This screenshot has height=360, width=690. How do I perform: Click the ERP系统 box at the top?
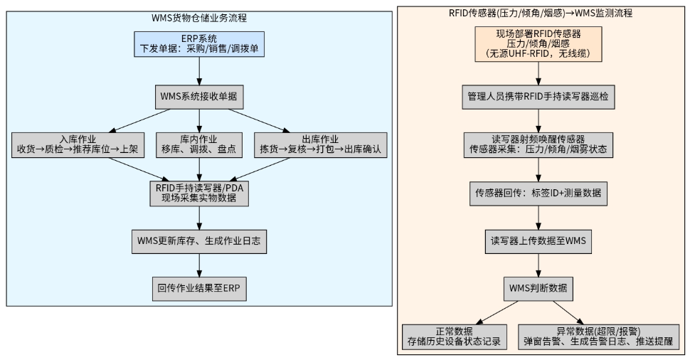(x=199, y=44)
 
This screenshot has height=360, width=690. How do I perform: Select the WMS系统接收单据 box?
(x=199, y=97)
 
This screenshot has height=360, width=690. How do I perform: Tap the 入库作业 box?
(x=78, y=145)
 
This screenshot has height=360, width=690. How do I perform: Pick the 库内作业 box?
(x=199, y=145)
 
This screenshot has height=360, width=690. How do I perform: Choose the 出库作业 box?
(x=320, y=145)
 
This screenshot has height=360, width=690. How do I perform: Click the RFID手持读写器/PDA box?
(x=199, y=194)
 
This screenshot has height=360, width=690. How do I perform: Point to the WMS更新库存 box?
(x=199, y=241)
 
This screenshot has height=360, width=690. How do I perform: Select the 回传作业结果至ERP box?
(x=199, y=289)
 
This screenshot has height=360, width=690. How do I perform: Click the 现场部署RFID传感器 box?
(x=538, y=44)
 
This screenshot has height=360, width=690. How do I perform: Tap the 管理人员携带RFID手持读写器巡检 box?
(x=538, y=97)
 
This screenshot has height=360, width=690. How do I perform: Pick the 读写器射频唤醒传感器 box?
(x=538, y=145)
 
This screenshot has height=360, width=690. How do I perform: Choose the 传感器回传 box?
(x=538, y=194)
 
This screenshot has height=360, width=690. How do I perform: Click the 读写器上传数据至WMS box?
(x=538, y=241)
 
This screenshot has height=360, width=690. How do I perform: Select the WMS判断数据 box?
(x=538, y=289)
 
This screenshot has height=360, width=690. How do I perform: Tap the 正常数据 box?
(x=454, y=337)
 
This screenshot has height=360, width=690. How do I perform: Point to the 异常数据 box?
(x=598, y=337)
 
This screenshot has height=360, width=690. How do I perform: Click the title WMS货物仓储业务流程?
(x=199, y=18)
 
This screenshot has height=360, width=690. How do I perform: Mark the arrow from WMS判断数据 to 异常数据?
(x=568, y=313)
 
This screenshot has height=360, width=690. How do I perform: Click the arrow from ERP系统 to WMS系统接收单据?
(x=199, y=71)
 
